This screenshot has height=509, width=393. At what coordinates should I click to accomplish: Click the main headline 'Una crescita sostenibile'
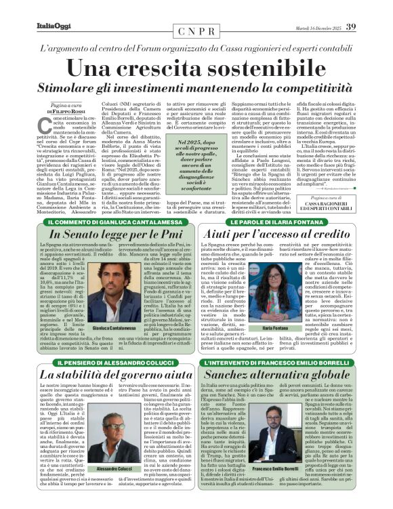click(x=196, y=68)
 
